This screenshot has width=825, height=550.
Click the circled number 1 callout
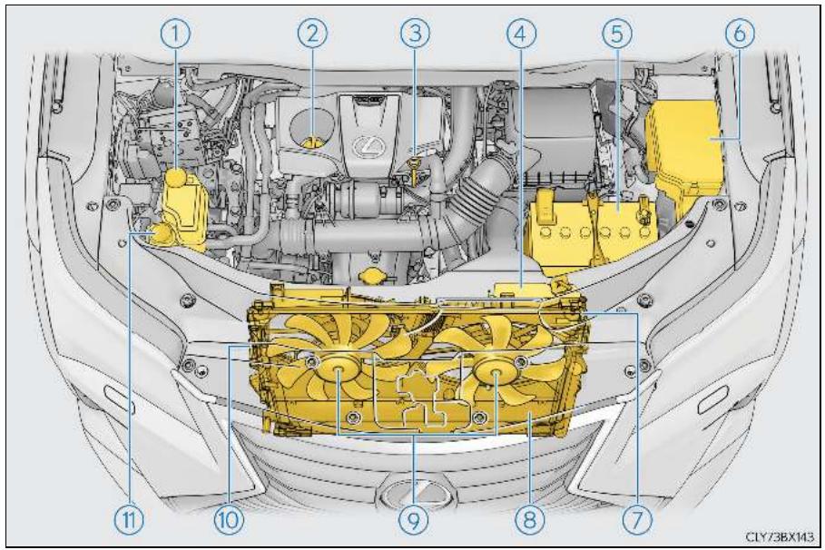point(174,34)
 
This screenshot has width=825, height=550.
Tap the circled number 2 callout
point(312,34)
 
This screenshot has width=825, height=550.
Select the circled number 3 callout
point(415,34)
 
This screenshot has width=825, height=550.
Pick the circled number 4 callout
point(522,34)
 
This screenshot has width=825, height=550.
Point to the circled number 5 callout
point(616,34)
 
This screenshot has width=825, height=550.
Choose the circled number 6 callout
point(740,34)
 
